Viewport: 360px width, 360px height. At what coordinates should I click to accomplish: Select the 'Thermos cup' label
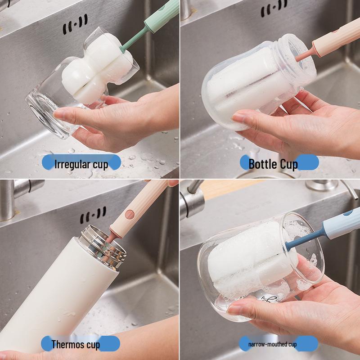tap(76, 345)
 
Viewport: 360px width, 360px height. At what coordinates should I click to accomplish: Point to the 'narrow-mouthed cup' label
tap(273, 345)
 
